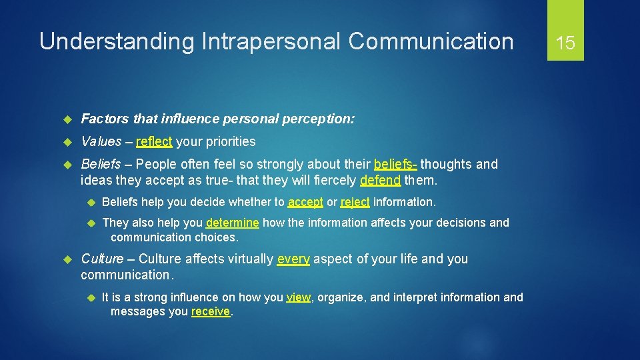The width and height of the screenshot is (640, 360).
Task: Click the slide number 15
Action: [x=565, y=43]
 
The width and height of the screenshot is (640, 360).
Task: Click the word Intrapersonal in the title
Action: [x=269, y=41]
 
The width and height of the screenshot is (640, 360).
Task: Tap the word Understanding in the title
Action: [x=115, y=41]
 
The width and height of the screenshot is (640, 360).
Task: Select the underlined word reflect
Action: [x=154, y=141]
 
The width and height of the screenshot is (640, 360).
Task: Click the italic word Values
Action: [x=101, y=141]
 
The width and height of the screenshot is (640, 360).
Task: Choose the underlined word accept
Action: [x=305, y=202]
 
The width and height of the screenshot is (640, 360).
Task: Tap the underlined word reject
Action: [x=355, y=202]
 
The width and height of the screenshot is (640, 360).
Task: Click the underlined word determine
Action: [x=233, y=223]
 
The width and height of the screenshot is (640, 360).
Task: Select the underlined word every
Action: [x=293, y=259]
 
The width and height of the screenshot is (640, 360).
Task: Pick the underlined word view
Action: [x=299, y=297]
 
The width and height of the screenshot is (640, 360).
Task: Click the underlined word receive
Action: [x=211, y=312]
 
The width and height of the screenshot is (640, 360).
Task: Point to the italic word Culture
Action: [x=102, y=259]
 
